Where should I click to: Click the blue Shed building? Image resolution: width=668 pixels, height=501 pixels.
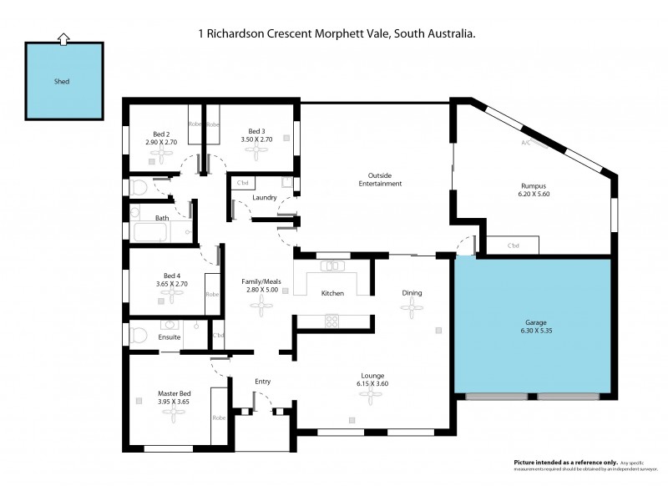(63, 82)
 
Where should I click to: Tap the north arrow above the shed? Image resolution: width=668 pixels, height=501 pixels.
(63, 38)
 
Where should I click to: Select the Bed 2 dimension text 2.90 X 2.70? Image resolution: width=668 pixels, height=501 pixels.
(161, 143)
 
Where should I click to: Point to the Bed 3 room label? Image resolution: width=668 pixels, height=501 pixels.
(256, 132)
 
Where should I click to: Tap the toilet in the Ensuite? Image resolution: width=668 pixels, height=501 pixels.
(138, 336)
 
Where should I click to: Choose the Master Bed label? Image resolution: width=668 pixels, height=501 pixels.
(174, 392)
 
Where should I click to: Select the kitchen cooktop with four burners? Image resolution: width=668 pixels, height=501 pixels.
(331, 320)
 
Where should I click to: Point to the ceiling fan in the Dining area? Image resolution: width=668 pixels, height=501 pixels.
(411, 306)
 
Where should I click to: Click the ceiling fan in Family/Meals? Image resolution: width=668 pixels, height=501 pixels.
(262, 308)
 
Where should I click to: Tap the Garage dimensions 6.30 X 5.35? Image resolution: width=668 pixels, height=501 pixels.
(537, 331)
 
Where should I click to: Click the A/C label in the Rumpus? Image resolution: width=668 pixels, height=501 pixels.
(526, 143)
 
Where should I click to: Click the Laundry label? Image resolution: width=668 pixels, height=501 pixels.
(264, 198)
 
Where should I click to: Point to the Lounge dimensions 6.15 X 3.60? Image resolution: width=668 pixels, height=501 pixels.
(372, 386)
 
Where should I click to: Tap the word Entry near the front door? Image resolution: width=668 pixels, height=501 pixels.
(263, 382)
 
